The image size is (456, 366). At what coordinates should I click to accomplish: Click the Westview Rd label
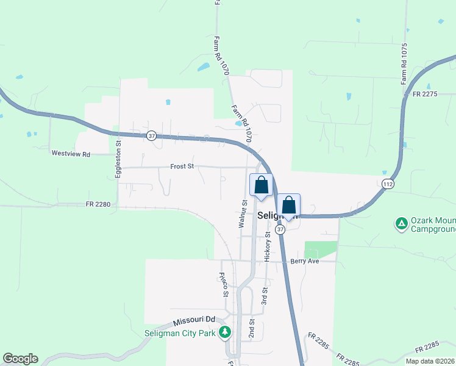(71, 154)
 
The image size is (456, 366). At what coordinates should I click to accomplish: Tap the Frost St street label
(182, 166)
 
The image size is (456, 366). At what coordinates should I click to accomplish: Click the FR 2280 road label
(98, 204)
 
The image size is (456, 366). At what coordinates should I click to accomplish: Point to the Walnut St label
(243, 213)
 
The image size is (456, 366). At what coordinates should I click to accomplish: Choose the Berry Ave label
(305, 260)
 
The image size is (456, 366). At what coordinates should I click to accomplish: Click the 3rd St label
(265, 296)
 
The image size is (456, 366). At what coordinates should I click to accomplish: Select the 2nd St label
(251, 328)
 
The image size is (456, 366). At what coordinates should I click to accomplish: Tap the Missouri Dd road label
(194, 320)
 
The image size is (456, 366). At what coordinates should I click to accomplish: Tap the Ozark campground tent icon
(401, 224)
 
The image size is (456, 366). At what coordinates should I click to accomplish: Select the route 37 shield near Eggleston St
(152, 135)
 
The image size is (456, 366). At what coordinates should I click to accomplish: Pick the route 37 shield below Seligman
(280, 229)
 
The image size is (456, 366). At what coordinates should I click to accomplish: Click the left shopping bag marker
(261, 185)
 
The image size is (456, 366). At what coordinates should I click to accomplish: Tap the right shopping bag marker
(289, 206)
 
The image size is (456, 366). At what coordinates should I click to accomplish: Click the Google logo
(20, 359)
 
